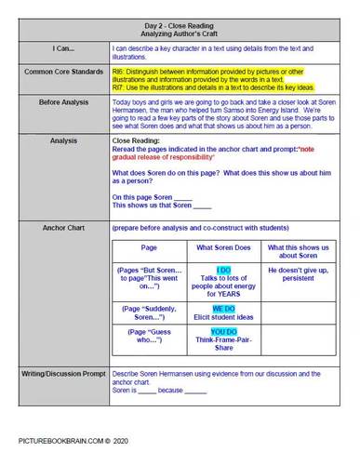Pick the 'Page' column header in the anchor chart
[149, 248]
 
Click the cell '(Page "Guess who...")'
[149, 337]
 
